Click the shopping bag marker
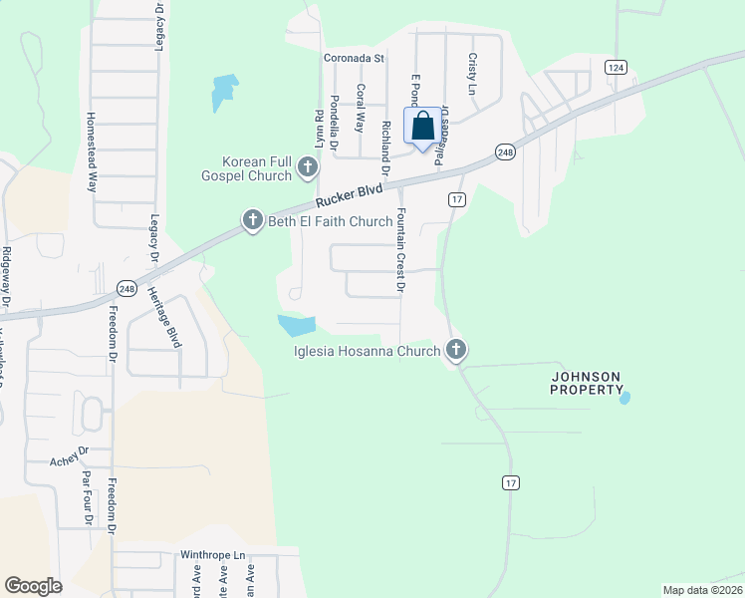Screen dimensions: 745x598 [x=422, y=128]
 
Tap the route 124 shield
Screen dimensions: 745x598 [x=615, y=67]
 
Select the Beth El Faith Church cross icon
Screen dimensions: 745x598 [x=253, y=220]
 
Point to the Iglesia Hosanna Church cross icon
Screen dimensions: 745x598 [x=456, y=349]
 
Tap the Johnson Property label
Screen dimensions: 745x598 [x=587, y=383]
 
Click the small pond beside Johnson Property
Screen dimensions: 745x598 [x=624, y=398]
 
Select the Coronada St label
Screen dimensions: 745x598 [x=353, y=58]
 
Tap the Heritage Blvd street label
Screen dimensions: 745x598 [x=164, y=316]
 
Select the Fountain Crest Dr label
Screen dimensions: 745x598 [x=399, y=249]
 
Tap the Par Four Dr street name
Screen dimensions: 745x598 [x=88, y=497]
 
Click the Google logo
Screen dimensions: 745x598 [x=33, y=586]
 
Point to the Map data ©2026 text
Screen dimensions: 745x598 [x=703, y=590]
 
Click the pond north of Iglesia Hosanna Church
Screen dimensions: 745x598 [x=296, y=325]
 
